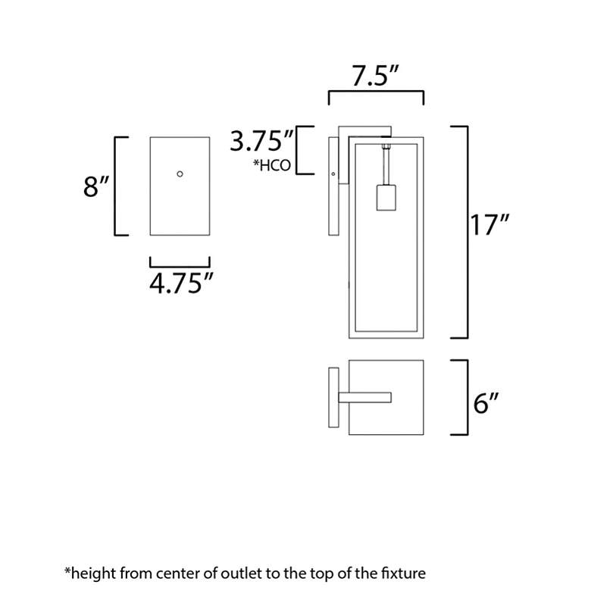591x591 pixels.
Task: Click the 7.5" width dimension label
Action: (x=375, y=76)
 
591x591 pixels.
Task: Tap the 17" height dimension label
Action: (x=489, y=225)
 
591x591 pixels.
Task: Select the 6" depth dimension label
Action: (x=486, y=403)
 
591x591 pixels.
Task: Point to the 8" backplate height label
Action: (x=96, y=186)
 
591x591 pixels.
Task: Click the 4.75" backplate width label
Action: (x=181, y=283)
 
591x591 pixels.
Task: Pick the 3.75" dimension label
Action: (x=261, y=141)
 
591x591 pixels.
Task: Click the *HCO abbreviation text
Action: (x=272, y=165)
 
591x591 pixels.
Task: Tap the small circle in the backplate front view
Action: (x=180, y=174)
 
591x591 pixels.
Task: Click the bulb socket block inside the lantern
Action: (x=386, y=198)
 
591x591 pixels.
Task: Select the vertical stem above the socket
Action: (x=386, y=167)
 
